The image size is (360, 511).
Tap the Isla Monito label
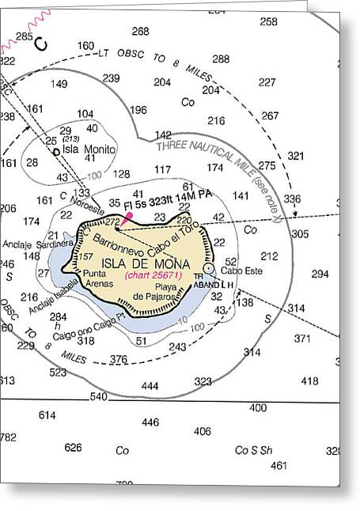(x=89, y=149)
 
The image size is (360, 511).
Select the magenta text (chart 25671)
(x=153, y=276)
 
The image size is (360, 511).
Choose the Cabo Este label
(x=237, y=271)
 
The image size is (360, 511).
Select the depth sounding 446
(x=150, y=422)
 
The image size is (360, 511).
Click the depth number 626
(x=73, y=447)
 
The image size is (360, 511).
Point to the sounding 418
(x=309, y=380)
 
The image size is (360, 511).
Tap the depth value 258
(x=269, y=21)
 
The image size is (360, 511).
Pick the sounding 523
(x=58, y=372)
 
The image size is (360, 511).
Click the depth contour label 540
(x=98, y=396)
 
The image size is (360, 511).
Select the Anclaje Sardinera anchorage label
(x=27, y=244)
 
